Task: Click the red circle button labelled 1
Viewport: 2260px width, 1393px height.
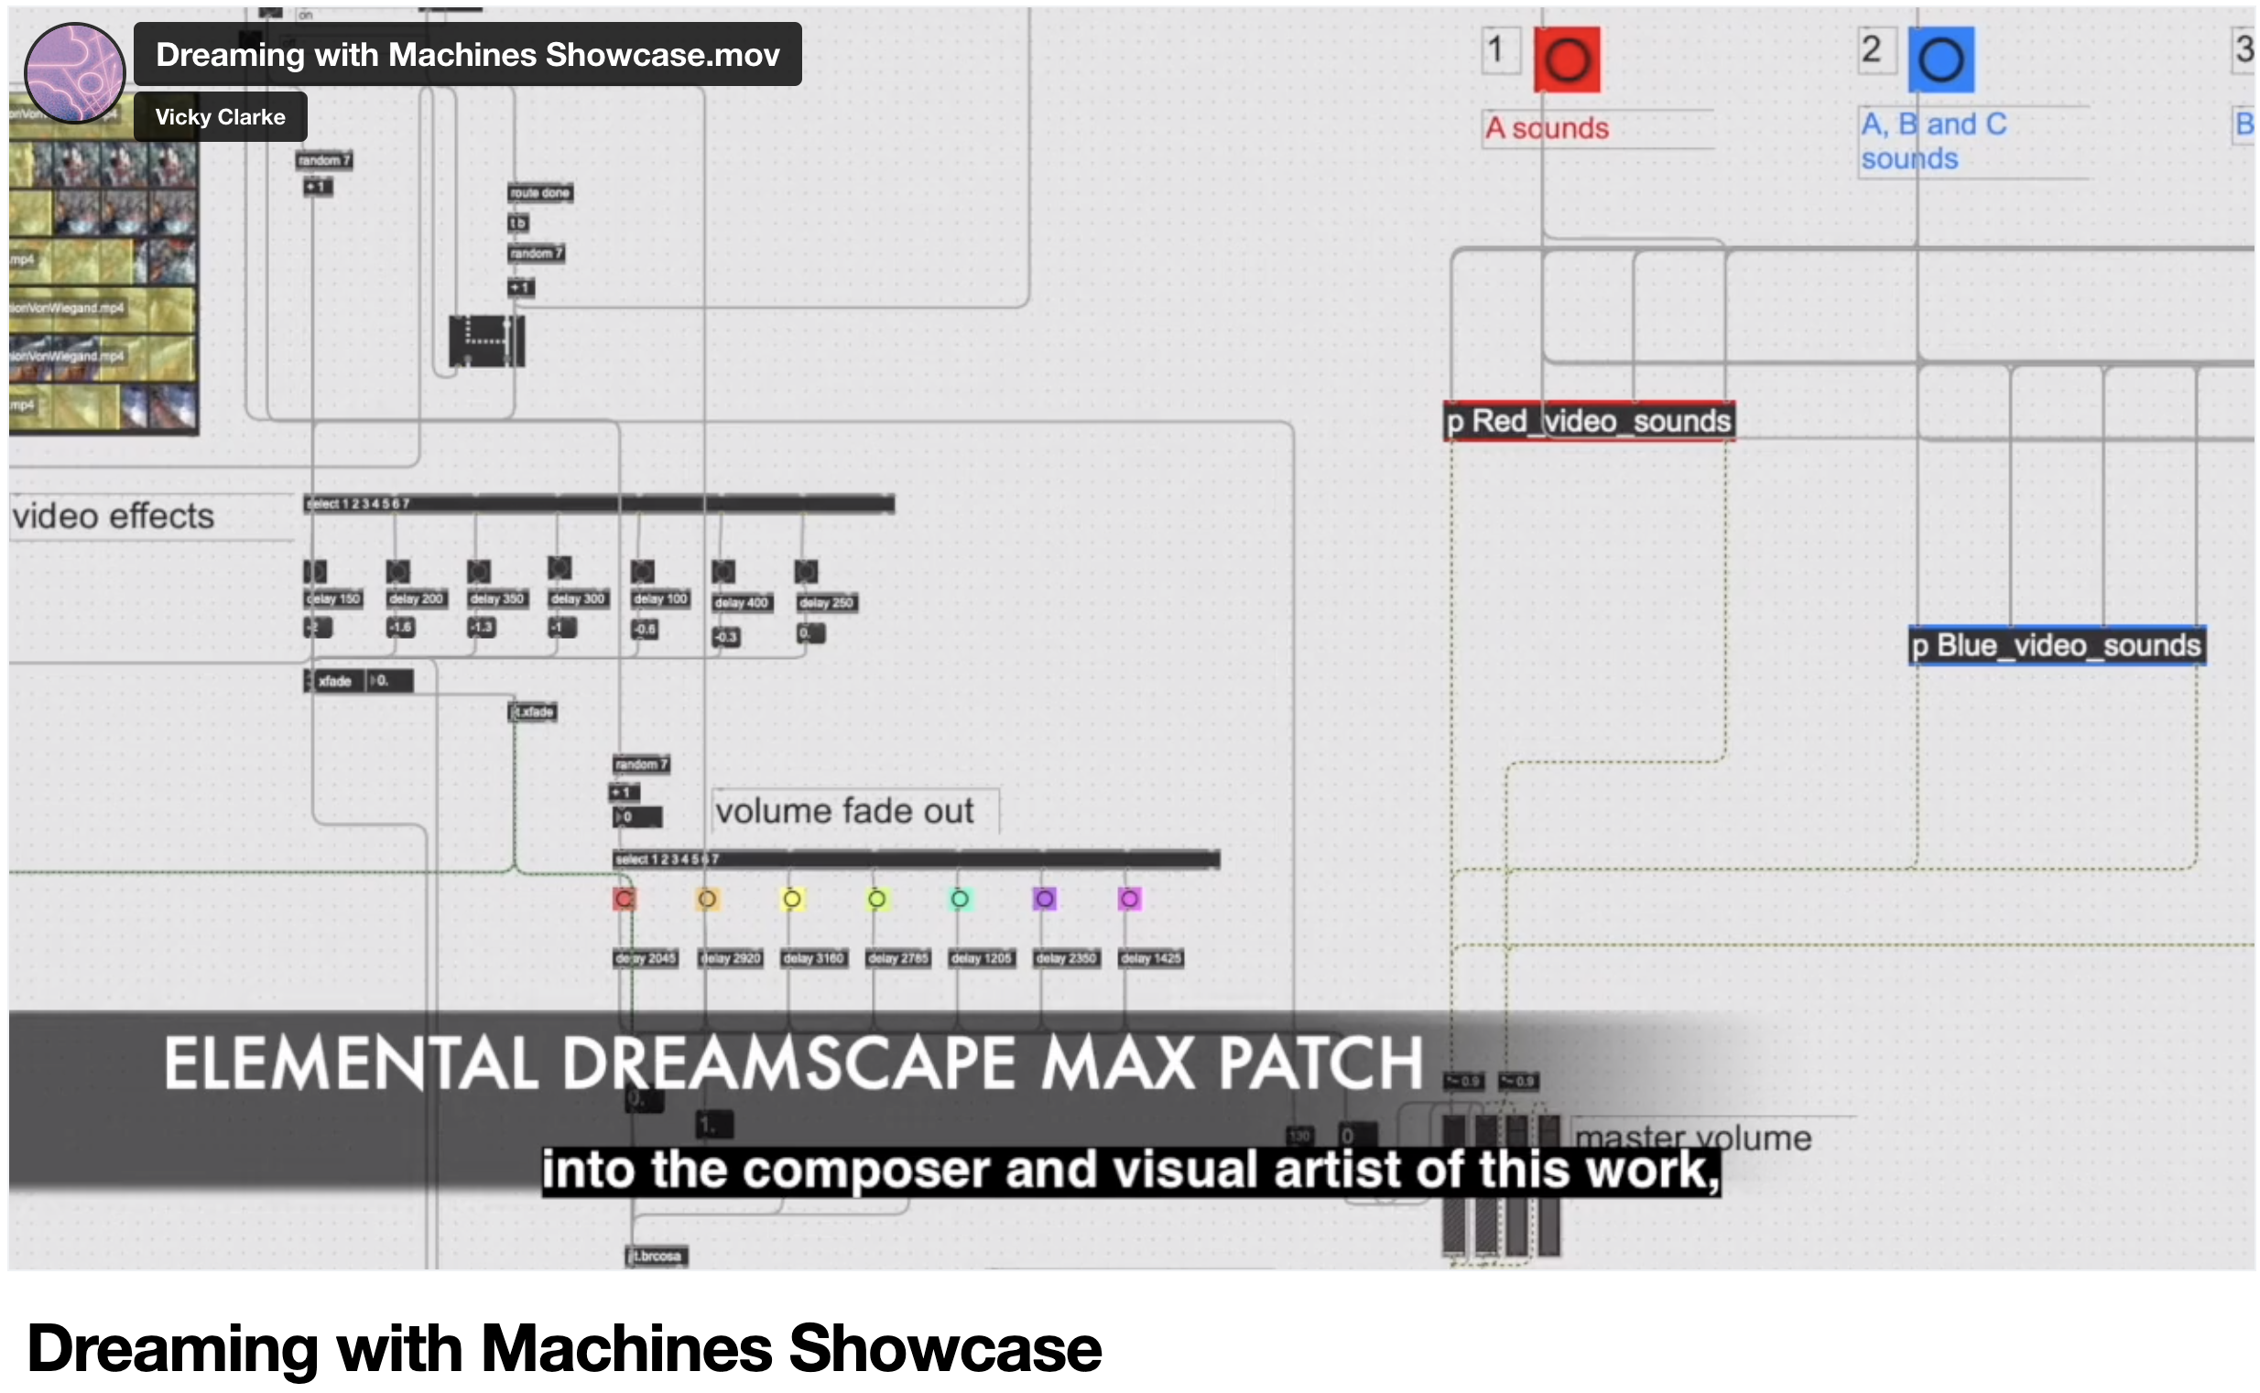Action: (x=1566, y=59)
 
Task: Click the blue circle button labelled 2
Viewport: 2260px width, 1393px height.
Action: (x=1939, y=59)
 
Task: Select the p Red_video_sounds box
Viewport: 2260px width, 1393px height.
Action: (x=1588, y=421)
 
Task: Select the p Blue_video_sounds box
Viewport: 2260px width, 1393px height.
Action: (x=2056, y=645)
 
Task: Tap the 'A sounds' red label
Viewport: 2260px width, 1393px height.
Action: (x=1547, y=128)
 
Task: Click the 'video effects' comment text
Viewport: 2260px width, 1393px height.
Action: (x=113, y=516)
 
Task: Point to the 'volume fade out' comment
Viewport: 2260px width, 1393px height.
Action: (x=843, y=811)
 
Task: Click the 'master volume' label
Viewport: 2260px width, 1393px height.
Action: (x=1692, y=1138)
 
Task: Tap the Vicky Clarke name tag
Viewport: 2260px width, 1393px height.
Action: (x=220, y=117)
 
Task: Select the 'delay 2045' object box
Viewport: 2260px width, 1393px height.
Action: (x=646, y=958)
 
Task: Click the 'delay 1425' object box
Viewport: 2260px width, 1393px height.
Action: (x=1150, y=958)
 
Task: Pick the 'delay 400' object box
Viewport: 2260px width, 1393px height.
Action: (x=741, y=602)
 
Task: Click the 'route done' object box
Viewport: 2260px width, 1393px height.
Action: (x=539, y=192)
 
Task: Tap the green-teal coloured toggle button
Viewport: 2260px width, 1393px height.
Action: (x=960, y=898)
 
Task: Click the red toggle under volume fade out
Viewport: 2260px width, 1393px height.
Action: (x=624, y=898)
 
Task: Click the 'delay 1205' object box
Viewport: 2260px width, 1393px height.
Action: (x=981, y=958)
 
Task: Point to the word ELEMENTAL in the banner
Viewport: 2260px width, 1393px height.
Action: (x=350, y=1064)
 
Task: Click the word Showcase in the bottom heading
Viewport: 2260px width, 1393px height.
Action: (x=944, y=1348)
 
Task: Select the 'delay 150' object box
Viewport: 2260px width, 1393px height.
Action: (x=332, y=599)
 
